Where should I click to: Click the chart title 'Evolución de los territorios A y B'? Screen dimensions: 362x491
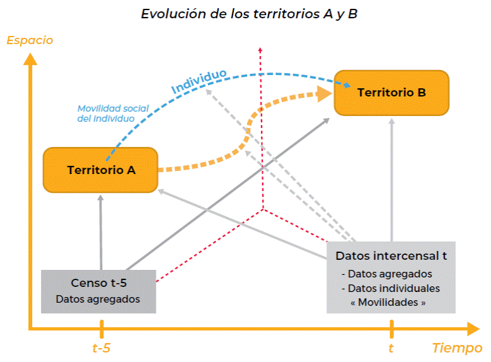[x=250, y=14]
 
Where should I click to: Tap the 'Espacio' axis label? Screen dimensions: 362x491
[x=30, y=40]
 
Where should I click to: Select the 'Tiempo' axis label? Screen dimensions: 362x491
[x=457, y=347]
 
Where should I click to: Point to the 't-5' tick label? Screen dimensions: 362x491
[x=101, y=347]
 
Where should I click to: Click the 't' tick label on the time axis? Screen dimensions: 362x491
[x=391, y=347]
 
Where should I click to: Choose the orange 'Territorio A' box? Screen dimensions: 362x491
[x=100, y=170]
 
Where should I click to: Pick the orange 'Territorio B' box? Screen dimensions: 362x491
[x=391, y=92]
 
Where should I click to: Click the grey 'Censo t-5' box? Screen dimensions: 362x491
[x=98, y=291]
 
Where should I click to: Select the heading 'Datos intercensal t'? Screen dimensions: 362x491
[x=391, y=256]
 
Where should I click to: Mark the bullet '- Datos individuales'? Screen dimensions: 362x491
[x=391, y=288]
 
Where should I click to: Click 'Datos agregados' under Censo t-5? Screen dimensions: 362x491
[x=98, y=299]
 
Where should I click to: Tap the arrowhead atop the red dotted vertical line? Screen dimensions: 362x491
[x=260, y=49]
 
